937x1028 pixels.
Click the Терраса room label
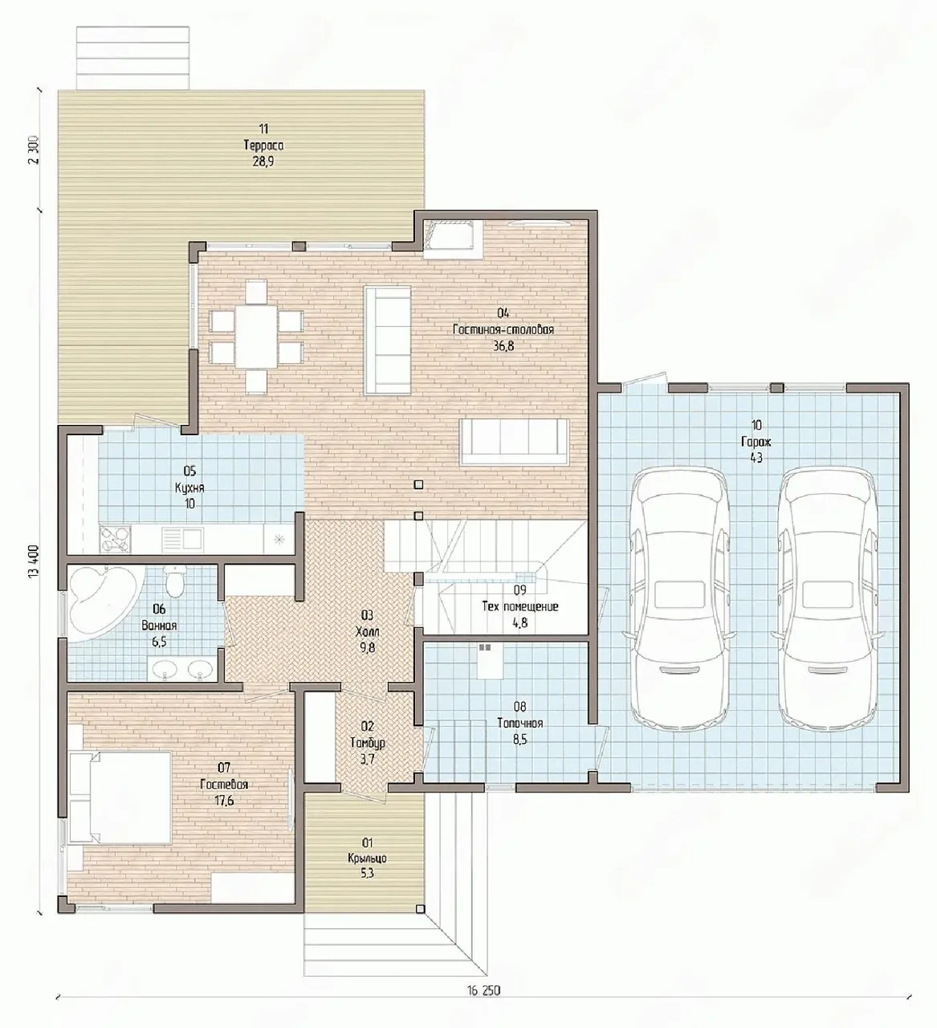263,145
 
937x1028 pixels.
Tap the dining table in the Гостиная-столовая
256,337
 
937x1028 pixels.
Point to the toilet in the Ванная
175,581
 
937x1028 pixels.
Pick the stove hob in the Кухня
115,540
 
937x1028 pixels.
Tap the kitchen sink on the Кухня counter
183,539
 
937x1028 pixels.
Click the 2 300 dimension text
34,149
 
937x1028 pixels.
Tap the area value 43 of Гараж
756,457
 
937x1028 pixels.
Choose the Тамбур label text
367,743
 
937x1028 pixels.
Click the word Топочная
520,724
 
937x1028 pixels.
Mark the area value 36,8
503,346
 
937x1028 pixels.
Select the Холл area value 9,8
367,647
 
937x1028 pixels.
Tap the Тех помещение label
520,606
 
